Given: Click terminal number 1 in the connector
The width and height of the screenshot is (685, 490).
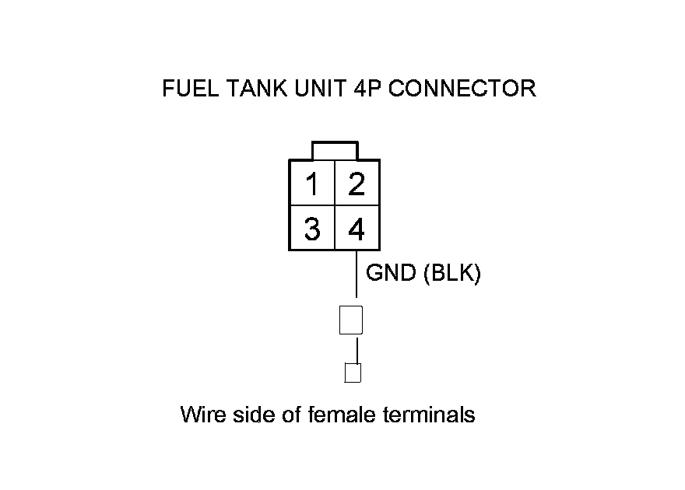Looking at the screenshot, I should [x=312, y=184].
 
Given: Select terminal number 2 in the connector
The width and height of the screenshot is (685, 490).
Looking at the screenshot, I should [x=357, y=184].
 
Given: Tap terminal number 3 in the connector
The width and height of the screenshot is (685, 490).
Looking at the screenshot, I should [x=312, y=229].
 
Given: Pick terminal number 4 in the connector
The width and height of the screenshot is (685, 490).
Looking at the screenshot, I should [x=357, y=229].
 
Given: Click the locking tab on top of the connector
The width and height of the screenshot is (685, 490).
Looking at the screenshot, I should [x=334, y=150].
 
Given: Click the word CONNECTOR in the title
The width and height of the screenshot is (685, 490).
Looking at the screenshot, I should [x=462, y=89].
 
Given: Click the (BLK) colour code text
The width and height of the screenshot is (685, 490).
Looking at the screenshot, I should [x=452, y=274].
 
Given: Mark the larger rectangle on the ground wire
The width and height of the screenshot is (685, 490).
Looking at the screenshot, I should [x=351, y=319].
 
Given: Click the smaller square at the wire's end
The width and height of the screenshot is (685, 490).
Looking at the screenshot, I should [x=353, y=373].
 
